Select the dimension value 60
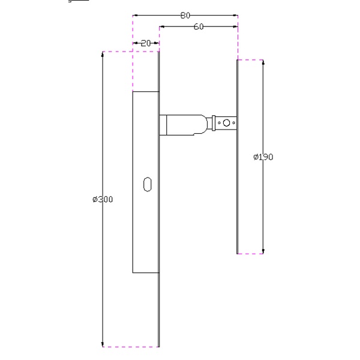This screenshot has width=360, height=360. [199, 26]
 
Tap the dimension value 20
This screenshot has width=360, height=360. [145, 43]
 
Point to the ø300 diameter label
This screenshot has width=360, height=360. [103, 199]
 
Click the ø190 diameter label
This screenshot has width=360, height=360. [263, 157]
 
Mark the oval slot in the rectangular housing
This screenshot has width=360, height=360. [147, 184]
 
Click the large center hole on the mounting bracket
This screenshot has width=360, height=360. [226, 124]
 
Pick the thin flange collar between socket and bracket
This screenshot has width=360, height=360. [212, 124]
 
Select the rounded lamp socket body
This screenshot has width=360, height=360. [187, 124]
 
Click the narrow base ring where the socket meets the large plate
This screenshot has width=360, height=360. [163, 124]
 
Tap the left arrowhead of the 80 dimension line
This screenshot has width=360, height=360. [135, 15]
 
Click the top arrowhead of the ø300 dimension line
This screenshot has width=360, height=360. [103, 55]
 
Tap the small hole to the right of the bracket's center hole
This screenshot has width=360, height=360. [233, 124]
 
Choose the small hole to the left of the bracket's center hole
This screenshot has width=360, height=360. [220, 124]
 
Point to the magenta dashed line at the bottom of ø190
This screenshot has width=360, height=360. [250, 254]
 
